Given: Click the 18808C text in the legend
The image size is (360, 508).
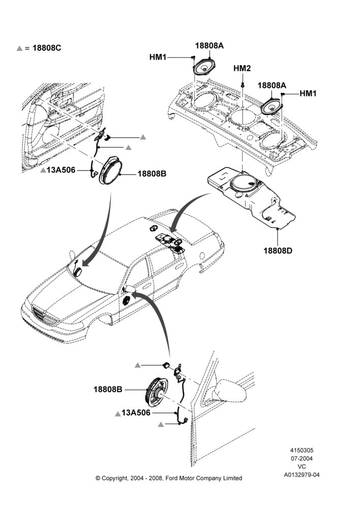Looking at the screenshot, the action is coord(47,48).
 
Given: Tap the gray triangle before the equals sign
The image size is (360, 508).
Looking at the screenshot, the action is coord(19,48).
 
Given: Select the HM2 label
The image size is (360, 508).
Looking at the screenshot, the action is coord(242,69).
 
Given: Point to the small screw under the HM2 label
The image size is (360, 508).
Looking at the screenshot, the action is coord(243,85).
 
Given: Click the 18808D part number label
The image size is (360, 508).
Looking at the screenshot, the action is coord(278,250).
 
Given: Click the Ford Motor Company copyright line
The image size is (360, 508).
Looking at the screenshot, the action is coord(169,478).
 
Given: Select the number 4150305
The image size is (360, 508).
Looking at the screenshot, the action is coord(302,450).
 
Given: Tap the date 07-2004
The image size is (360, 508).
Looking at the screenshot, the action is coord(302,458).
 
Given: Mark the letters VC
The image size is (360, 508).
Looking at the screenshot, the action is coord(302,466).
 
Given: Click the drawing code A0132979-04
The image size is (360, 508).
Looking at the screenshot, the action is coord(302,475).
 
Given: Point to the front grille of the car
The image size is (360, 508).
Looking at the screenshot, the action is coord(46,316).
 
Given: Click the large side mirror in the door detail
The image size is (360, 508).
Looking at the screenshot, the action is coord(229,391).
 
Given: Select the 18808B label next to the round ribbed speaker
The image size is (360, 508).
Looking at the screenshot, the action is coord(108,389).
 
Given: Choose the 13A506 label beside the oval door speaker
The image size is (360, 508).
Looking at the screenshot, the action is coord(61,170).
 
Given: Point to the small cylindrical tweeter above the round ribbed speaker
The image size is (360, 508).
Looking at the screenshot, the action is coord(166,365).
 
